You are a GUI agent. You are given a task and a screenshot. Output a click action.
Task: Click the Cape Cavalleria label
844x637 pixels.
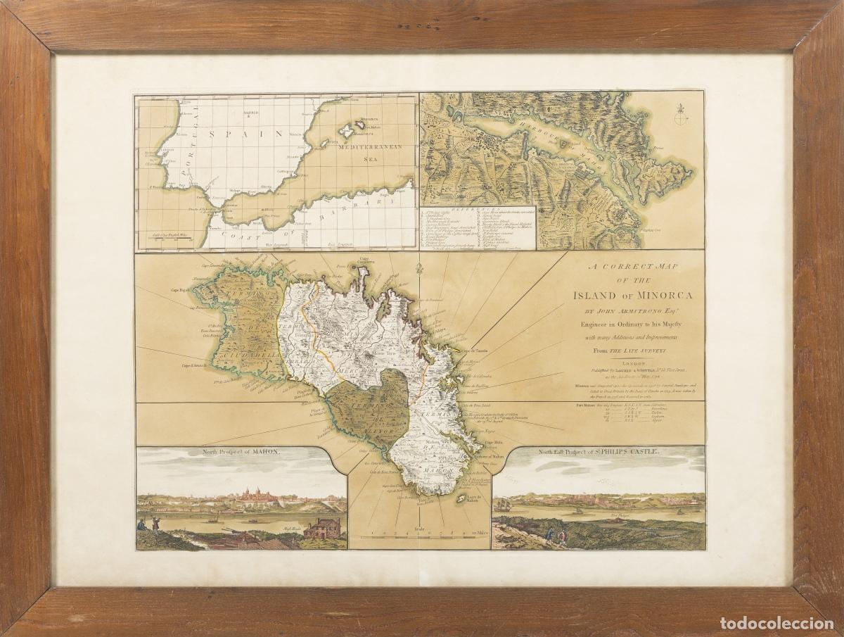point(372,260)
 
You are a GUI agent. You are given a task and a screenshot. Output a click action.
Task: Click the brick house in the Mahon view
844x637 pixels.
point(321,528)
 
